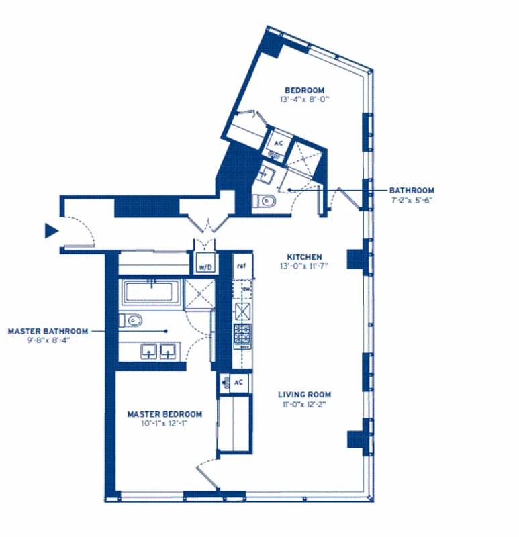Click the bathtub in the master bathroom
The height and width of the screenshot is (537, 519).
tap(150, 293)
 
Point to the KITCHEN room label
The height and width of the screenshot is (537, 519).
tap(304, 257)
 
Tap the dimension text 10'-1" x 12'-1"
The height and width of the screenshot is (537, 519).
tap(164, 424)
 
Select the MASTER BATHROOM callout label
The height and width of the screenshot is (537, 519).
tap(48, 331)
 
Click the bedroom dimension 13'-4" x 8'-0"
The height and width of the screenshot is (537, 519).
tap(304, 99)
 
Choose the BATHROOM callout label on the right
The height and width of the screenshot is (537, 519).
tap(412, 191)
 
